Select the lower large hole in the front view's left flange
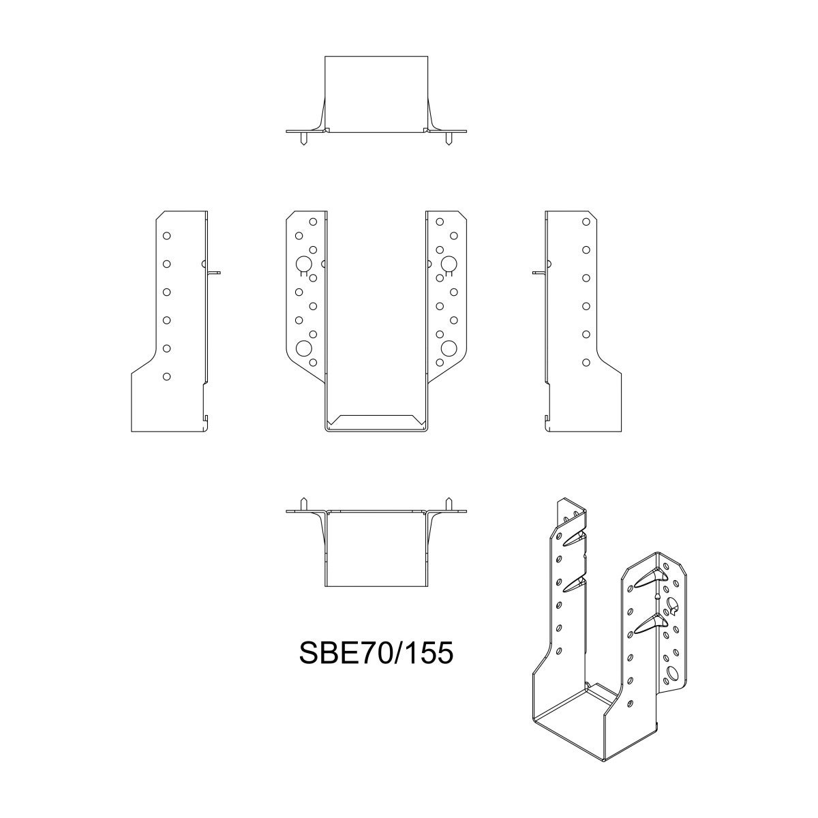pyautogui.click(x=305, y=348)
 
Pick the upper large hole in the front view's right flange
pyautogui.click(x=449, y=264)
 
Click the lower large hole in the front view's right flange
pyautogui.click(x=449, y=348)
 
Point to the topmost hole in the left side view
pyautogui.click(x=166, y=235)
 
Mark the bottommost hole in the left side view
pyautogui.click(x=166, y=376)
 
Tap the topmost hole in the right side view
pyautogui.click(x=586, y=222)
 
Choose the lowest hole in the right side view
pyautogui.click(x=586, y=363)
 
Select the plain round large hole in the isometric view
pyautogui.click(x=674, y=673)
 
